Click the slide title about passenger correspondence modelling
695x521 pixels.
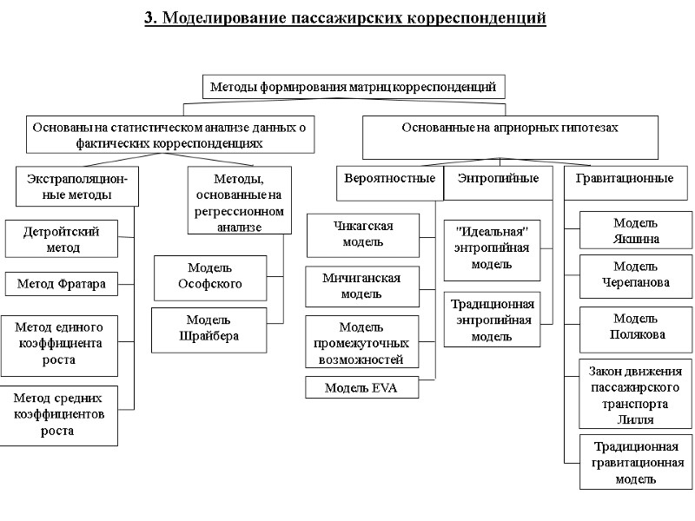tap(346, 17)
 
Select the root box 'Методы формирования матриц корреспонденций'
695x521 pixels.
tap(353, 87)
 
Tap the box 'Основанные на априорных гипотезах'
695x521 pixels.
tap(510, 128)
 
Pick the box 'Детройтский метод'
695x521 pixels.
tap(62, 239)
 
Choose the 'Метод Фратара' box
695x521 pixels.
tap(62, 283)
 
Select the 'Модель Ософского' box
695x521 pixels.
tap(209, 275)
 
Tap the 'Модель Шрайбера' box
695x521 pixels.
tap(209, 328)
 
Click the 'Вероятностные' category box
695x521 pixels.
tap(389, 179)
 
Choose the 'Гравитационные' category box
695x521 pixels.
tap(624, 179)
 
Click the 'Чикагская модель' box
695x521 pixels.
tap(363, 234)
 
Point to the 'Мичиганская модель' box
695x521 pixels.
tap(363, 287)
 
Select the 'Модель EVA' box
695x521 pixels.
tap(361, 387)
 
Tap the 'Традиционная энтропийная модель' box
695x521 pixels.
tap(492, 320)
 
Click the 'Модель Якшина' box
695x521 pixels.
tap(635, 230)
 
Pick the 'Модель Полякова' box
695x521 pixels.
tap(635, 326)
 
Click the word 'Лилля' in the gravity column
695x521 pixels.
tap(635, 420)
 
